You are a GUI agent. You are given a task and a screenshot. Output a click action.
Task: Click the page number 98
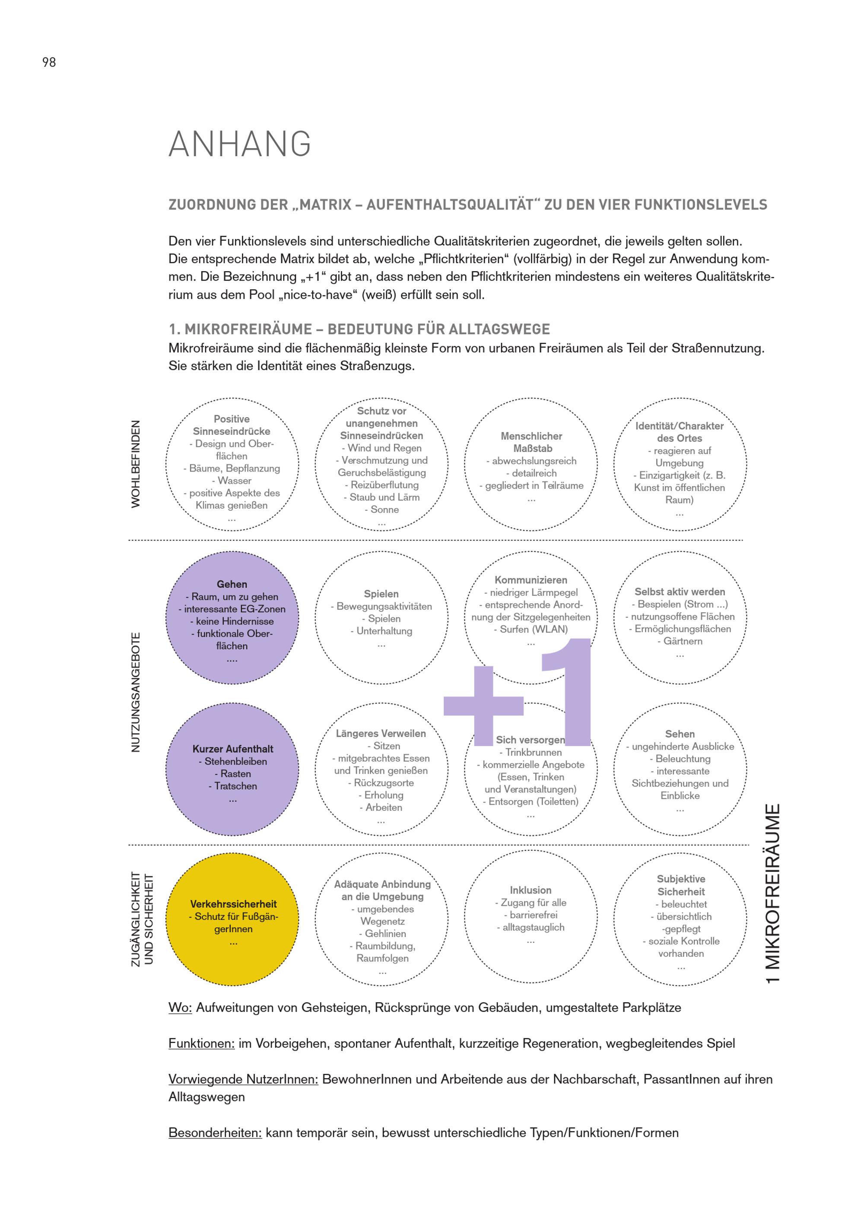[49, 62]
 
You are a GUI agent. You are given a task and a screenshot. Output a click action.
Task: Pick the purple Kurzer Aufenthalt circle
[232, 769]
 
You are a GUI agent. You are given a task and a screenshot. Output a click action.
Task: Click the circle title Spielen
[381, 594]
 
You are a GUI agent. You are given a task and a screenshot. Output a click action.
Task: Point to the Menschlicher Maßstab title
[531, 442]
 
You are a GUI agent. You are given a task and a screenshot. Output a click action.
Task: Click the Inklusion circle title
[530, 890]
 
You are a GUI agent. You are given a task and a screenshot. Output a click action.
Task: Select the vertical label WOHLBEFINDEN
[136, 464]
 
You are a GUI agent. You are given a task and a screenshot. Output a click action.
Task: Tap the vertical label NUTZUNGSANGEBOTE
[136, 692]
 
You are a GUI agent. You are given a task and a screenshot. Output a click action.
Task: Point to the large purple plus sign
[483, 705]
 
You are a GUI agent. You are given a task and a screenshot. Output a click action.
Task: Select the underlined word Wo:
[180, 1008]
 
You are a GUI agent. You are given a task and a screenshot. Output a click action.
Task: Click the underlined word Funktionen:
[201, 1044]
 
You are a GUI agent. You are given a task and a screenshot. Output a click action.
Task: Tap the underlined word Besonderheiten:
[215, 1133]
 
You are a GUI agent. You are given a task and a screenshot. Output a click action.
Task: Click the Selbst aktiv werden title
[680, 592]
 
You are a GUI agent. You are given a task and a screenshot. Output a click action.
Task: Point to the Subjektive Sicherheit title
[680, 886]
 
